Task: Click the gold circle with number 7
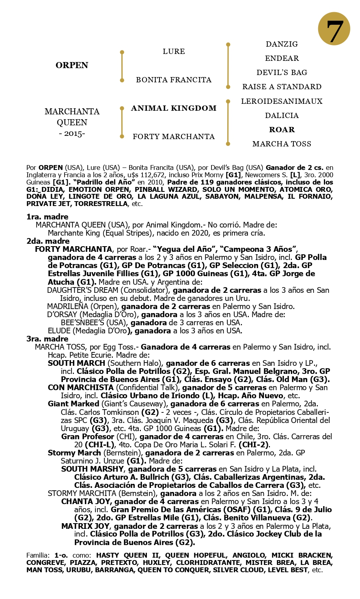[x=334, y=28]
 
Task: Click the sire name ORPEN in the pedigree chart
[x=72, y=66]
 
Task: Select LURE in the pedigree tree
[x=174, y=52]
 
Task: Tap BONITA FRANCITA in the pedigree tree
[x=174, y=80]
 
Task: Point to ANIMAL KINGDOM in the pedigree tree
[x=174, y=108]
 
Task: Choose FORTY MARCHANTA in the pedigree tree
[x=174, y=137]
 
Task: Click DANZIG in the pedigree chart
[x=282, y=44]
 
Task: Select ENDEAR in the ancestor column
[x=282, y=58]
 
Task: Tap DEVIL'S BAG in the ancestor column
[x=282, y=73]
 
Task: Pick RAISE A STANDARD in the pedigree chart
[x=282, y=87]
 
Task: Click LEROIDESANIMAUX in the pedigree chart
[x=282, y=101]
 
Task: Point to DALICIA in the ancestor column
[x=282, y=116]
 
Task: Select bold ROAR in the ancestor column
[x=282, y=130]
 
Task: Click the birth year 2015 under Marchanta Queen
[x=72, y=134]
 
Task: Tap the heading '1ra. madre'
[x=47, y=217]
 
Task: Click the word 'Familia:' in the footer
[x=38, y=555]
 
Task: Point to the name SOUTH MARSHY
[x=87, y=469]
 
